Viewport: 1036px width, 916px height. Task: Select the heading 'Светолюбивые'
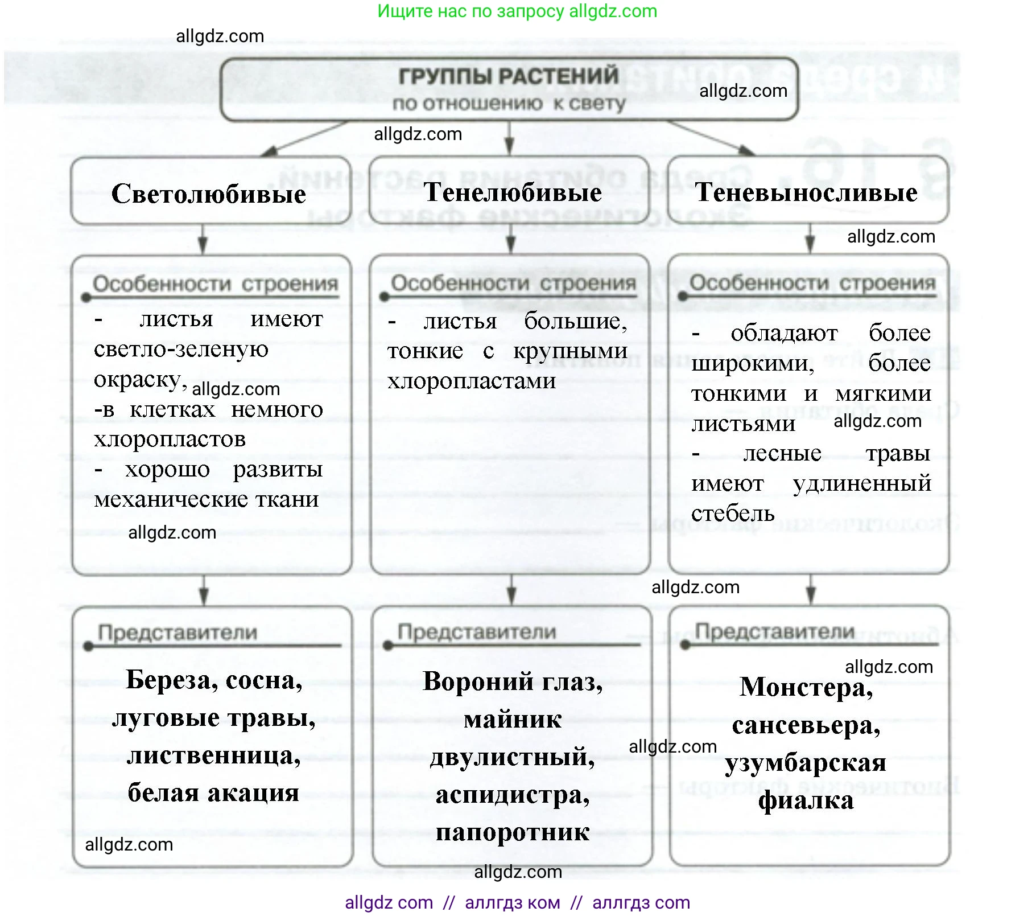[x=209, y=194]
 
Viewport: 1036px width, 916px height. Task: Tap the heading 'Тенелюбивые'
[x=513, y=192]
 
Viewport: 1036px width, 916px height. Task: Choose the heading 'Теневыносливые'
[x=806, y=192]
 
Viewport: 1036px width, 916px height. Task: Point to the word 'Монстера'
[x=806, y=687]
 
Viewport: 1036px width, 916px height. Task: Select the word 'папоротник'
[x=513, y=832]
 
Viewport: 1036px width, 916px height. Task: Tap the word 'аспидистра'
[x=512, y=795]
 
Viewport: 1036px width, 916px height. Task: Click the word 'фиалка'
[x=806, y=800]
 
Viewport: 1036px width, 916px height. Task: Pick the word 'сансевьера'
[x=806, y=725]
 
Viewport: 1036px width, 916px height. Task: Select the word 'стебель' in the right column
[x=733, y=514]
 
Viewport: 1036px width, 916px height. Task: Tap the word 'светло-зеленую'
[x=181, y=349]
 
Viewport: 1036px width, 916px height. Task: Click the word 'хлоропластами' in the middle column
[x=471, y=381]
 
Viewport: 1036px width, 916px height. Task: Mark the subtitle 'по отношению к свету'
[x=508, y=104]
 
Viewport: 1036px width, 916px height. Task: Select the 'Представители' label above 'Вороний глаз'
[x=477, y=632]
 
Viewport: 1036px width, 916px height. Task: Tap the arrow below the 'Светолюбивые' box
[x=203, y=239]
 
